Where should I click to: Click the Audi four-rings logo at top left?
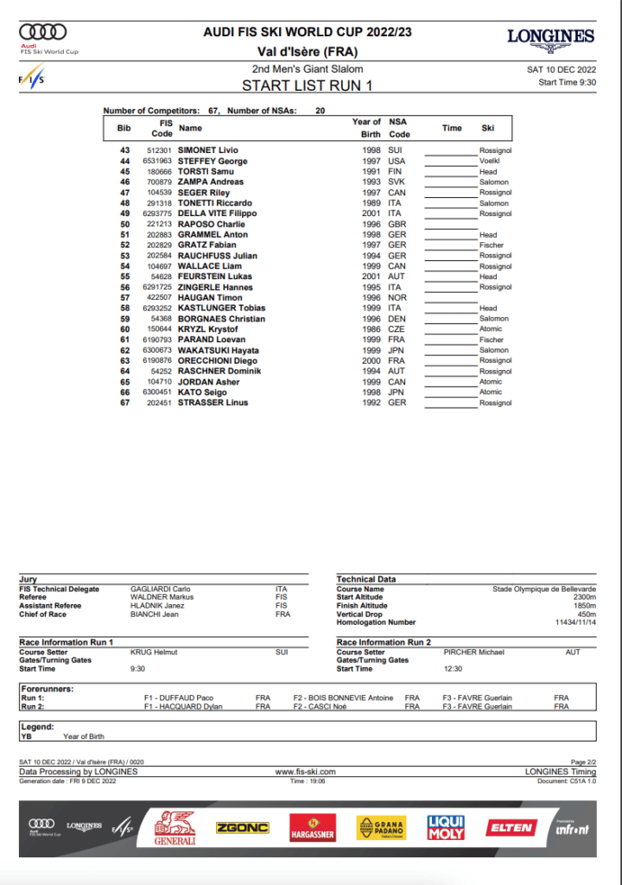[42, 32]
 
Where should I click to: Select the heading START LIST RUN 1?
[307, 86]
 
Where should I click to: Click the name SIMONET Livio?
[207, 150]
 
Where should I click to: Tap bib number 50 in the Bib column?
[124, 224]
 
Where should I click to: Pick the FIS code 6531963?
[157, 161]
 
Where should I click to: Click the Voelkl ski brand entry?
[490, 161]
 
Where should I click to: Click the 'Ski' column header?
[488, 128]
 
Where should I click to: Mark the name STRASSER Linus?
[213, 403]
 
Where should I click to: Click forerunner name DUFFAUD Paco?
[185, 697]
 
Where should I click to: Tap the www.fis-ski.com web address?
[306, 772]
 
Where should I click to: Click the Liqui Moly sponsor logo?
[446, 828]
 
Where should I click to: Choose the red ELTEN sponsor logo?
[511, 827]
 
